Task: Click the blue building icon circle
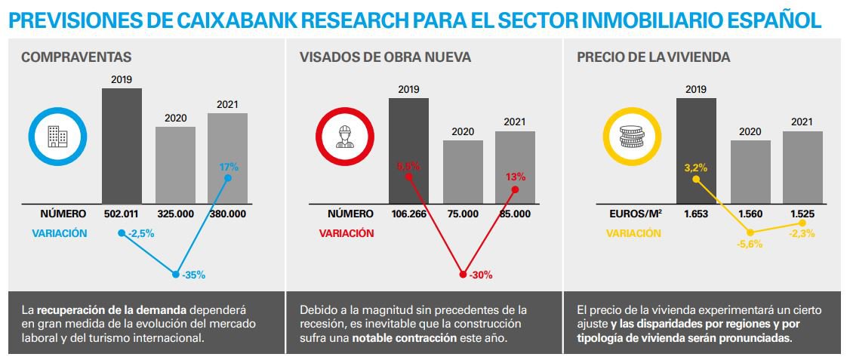[57, 137]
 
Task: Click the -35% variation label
[193, 275]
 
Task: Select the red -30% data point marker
[463, 275]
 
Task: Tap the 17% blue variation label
[229, 166]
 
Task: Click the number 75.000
[463, 214]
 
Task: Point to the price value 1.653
[695, 214]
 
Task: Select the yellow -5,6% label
[750, 244]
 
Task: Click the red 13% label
[515, 177]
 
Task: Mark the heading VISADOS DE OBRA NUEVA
[385, 57]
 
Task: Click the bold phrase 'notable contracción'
[405, 337]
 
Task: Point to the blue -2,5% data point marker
[122, 233]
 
